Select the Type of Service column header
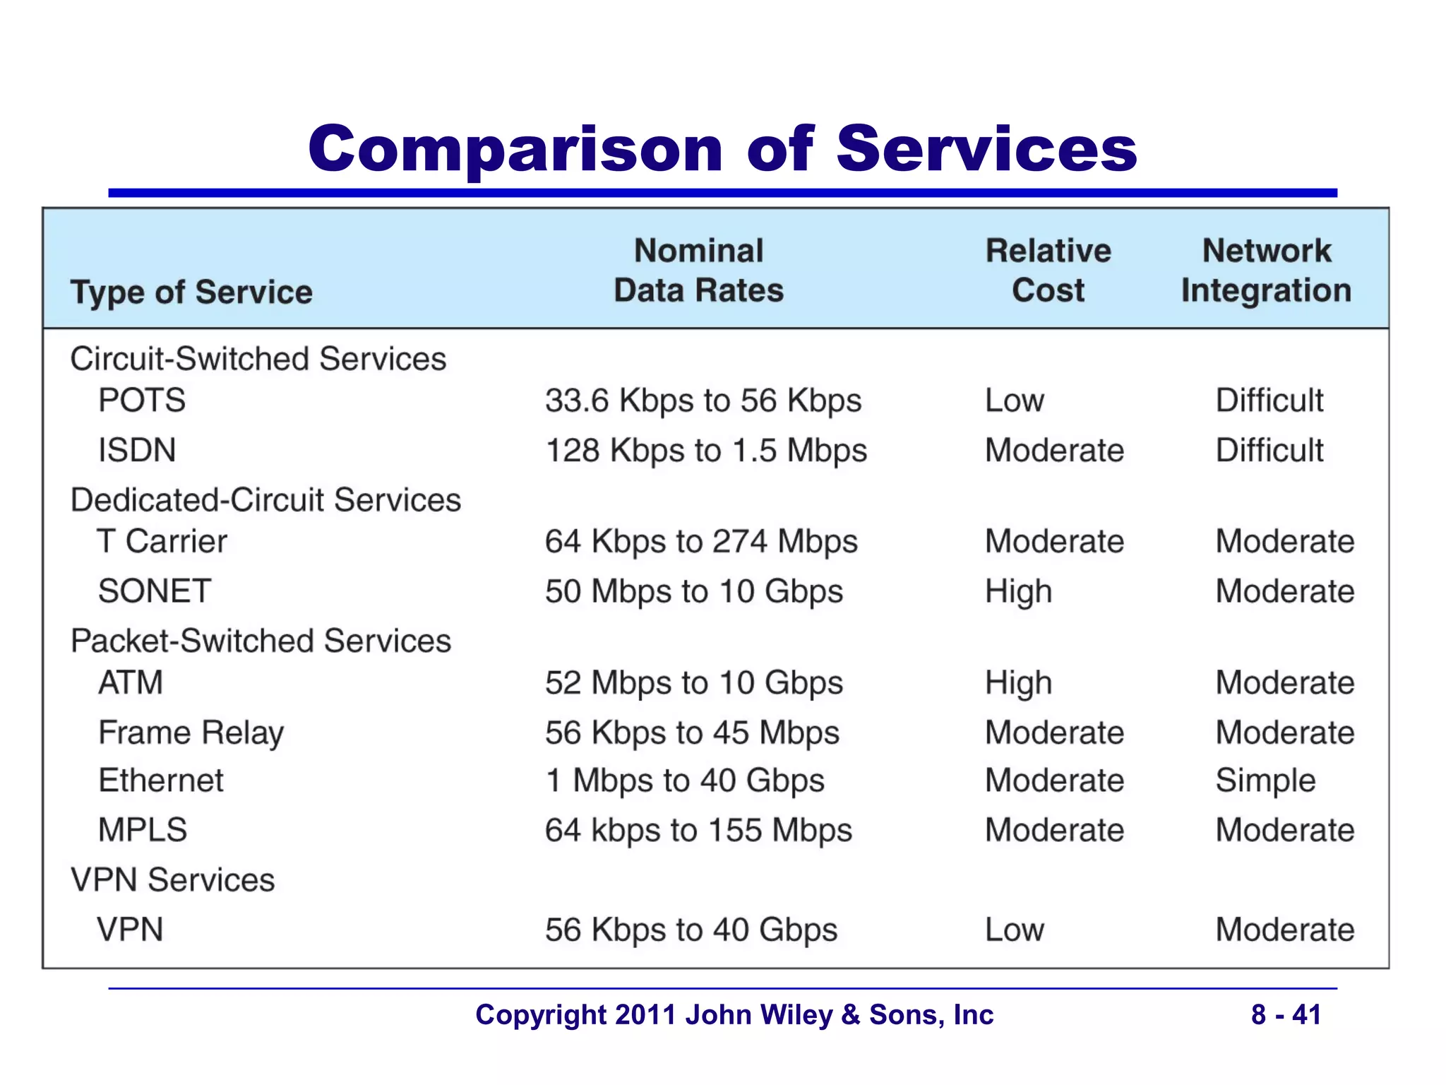click(191, 292)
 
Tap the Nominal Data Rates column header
click(698, 271)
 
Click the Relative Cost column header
click(1048, 271)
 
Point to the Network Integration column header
click(1266, 271)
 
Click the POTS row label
click(142, 401)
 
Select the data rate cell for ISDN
click(705, 451)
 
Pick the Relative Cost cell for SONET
click(1018, 591)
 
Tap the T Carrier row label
click(162, 542)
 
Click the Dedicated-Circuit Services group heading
click(265, 500)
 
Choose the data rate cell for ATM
click(693, 683)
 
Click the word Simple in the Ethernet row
click(1265, 781)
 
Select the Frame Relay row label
click(191, 733)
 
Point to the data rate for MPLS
click(698, 831)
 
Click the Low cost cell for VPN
click(1014, 930)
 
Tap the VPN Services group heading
click(173, 880)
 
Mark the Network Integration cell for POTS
click(1269, 401)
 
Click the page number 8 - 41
click(1286, 1014)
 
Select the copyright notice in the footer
click(734, 1014)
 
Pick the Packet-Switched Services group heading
click(261, 641)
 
